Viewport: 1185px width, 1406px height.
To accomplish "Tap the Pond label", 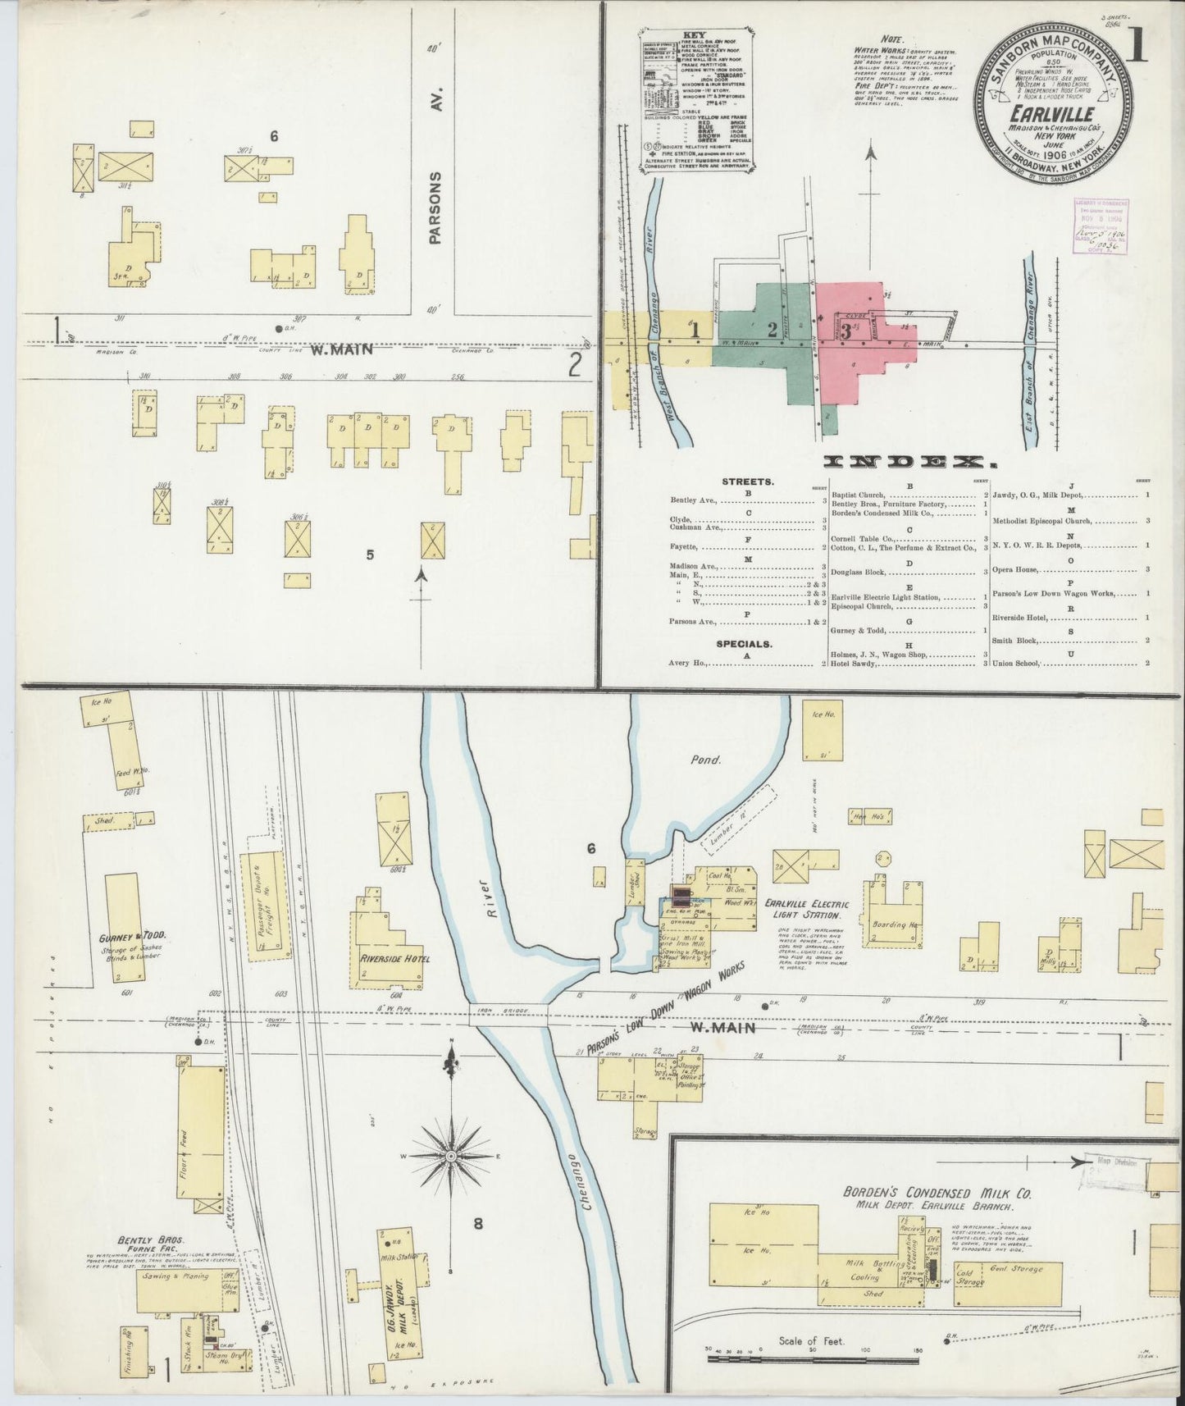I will (x=705, y=760).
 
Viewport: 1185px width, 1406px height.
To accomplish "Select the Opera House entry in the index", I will (x=1017, y=568).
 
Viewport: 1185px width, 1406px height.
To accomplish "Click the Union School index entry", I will (x=1017, y=663).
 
